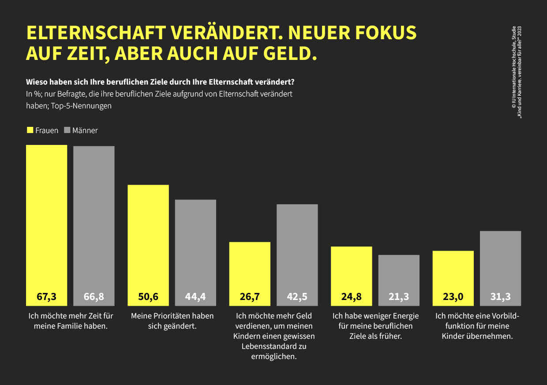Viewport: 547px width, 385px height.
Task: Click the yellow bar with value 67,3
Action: [46, 225]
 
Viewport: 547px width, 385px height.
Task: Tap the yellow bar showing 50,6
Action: [148, 245]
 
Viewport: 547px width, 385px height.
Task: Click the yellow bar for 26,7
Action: [250, 274]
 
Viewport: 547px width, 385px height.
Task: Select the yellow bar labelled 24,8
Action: [351, 276]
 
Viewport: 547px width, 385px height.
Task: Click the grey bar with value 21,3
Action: [399, 280]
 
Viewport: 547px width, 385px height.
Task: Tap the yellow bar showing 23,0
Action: [453, 278]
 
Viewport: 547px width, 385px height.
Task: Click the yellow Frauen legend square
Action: [30, 130]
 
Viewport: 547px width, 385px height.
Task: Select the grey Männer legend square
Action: [67, 130]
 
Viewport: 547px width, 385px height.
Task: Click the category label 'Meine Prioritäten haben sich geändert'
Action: [172, 321]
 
